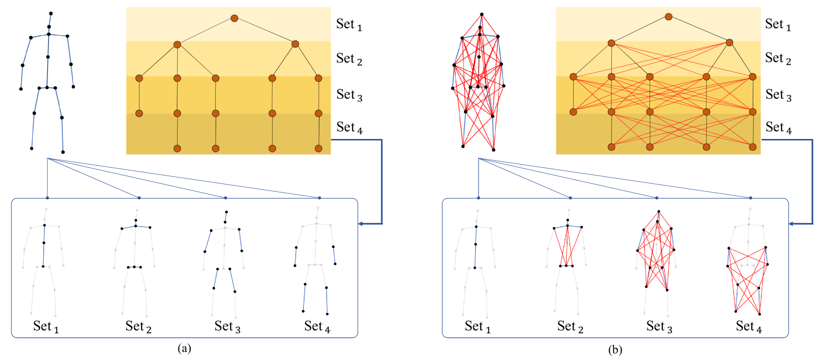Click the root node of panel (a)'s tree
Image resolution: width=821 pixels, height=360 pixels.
click(234, 18)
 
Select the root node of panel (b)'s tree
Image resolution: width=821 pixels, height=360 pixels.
click(669, 17)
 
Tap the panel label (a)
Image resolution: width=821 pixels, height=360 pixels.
click(184, 348)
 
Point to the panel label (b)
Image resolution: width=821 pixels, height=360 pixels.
click(615, 350)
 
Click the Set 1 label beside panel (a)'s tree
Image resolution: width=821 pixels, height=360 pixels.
click(349, 24)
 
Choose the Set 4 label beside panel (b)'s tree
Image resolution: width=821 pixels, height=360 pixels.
click(778, 128)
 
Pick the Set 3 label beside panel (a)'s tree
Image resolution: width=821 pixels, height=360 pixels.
click(349, 94)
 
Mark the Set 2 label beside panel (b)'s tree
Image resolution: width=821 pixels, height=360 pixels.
click(778, 58)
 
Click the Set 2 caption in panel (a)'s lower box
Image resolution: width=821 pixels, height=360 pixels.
click(138, 326)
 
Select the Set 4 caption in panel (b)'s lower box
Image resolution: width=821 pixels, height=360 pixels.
click(748, 326)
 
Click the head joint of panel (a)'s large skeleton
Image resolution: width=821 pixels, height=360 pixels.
click(51, 14)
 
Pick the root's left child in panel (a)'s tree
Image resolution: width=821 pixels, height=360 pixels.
click(177, 45)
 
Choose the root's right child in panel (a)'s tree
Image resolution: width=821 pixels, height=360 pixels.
click(295, 44)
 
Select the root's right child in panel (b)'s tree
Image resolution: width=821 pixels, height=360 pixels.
click(730, 43)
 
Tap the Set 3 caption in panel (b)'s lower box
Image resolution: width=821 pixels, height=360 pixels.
click(659, 326)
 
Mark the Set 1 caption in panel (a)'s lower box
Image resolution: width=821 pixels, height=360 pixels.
click(46, 326)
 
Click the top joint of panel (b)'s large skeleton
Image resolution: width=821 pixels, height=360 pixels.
click(482, 15)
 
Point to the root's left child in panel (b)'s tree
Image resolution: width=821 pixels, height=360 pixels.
click(611, 44)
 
